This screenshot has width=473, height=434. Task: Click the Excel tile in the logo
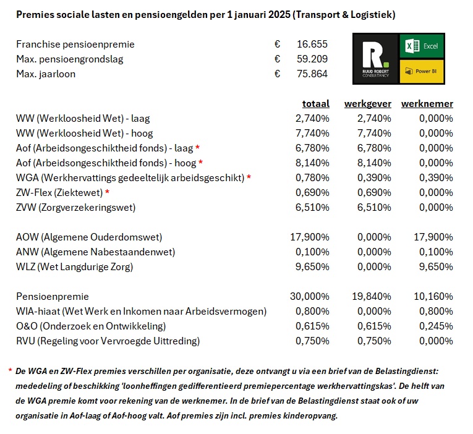click(x=422, y=47)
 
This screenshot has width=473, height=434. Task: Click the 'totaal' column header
click(x=315, y=103)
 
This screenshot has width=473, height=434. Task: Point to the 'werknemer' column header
click(x=427, y=103)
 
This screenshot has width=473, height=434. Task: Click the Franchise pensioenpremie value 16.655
click(x=312, y=45)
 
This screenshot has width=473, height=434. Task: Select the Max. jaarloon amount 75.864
click(x=312, y=74)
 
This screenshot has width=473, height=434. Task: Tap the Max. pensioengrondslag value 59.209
click(x=312, y=59)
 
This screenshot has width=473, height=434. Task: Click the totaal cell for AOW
click(x=310, y=237)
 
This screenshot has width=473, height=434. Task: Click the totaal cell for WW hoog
click(x=310, y=134)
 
